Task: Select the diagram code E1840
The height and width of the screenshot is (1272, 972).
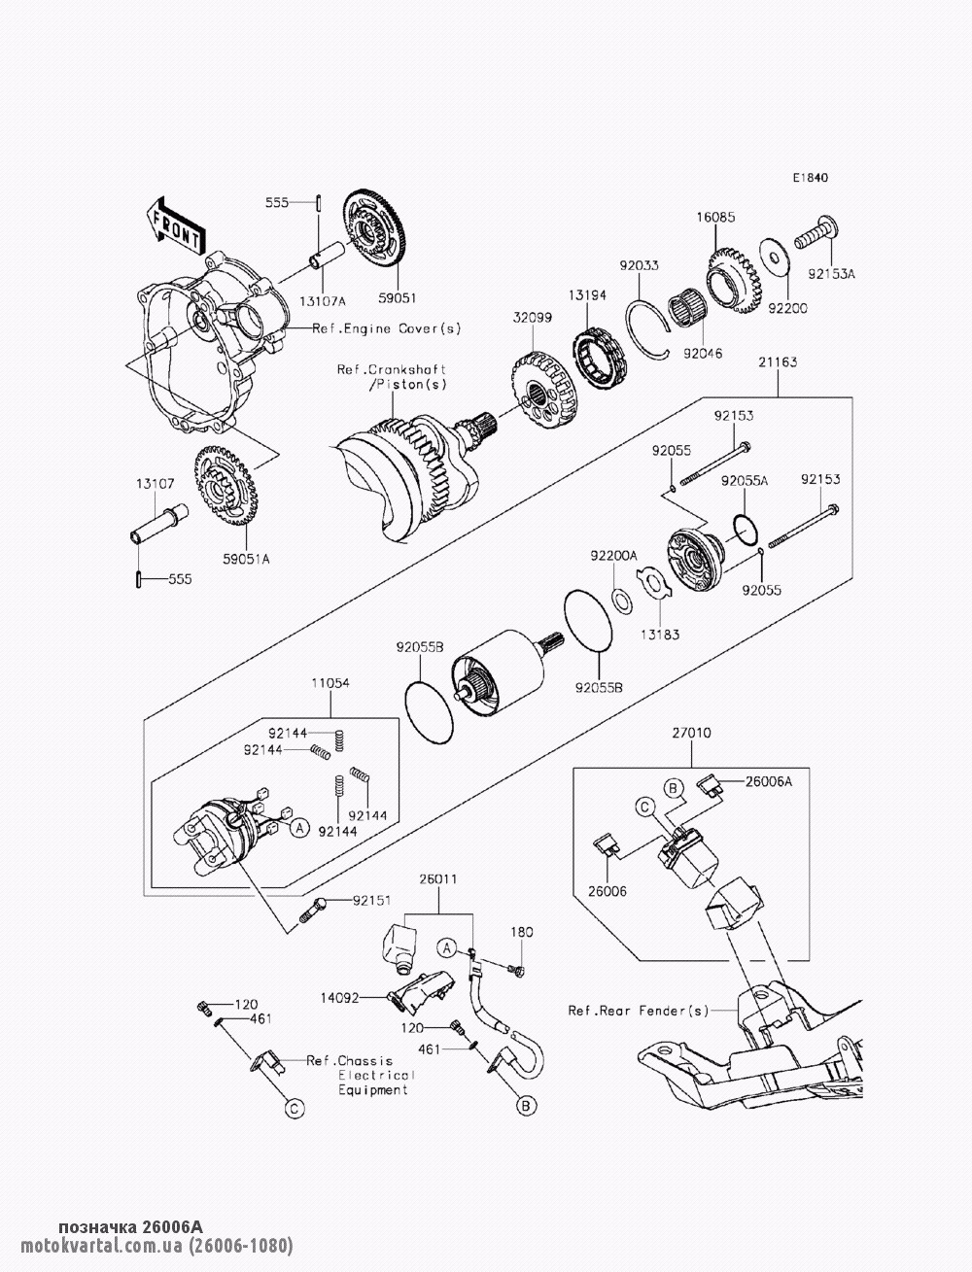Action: pyautogui.click(x=810, y=179)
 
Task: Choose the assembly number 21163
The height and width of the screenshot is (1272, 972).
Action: pyautogui.click(x=778, y=362)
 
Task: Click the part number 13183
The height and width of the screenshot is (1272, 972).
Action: pyautogui.click(x=660, y=635)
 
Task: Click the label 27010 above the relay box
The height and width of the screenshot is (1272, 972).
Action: pyautogui.click(x=689, y=735)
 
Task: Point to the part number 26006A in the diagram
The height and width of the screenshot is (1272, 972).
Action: pyautogui.click(x=769, y=780)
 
